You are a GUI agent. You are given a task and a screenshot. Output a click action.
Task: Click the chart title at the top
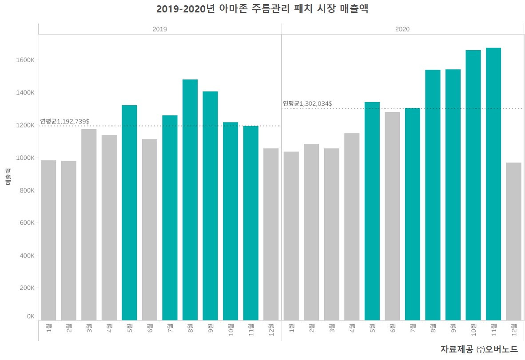262,9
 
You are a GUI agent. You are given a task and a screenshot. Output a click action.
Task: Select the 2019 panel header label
159,29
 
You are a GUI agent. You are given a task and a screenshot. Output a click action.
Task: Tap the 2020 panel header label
402,29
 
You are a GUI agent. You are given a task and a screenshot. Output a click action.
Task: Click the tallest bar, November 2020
493,184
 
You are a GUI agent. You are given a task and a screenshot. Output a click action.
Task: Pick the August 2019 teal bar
190,200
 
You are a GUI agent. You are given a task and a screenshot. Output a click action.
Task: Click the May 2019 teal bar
129,213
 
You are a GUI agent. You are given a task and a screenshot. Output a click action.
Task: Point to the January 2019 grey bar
48,240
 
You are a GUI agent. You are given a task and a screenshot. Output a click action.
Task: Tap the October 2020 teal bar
473,185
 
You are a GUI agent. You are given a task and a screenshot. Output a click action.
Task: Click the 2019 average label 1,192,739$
65,121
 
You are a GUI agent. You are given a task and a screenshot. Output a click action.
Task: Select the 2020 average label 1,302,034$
307,103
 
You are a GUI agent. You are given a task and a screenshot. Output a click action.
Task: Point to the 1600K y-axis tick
26,60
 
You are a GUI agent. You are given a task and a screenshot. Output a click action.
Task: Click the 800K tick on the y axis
27,190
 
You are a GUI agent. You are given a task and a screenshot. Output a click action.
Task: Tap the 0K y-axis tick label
30,316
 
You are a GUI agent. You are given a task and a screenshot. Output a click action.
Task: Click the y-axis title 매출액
8,176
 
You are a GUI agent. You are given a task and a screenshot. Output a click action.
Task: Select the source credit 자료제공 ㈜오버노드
479,349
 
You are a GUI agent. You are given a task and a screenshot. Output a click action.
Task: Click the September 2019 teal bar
210,206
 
